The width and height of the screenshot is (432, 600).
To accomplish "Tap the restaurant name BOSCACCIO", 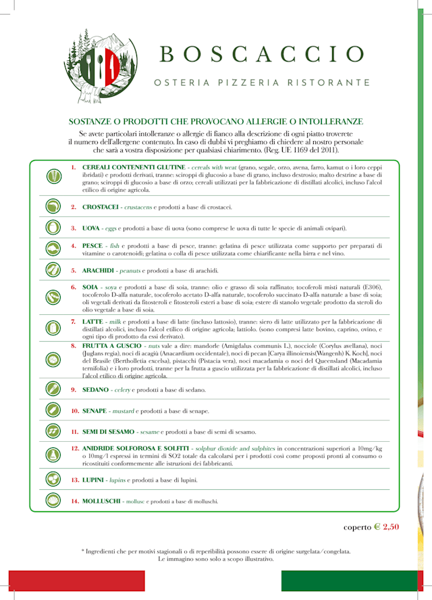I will [263, 54].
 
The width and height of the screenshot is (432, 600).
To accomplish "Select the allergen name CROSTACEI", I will [101, 207].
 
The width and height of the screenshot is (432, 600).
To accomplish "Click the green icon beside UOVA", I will [52, 228].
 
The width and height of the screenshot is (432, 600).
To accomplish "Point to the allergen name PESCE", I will [92, 246].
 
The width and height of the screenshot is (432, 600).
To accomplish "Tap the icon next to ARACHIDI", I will [52, 270].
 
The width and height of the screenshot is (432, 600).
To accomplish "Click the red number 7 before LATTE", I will [74, 322].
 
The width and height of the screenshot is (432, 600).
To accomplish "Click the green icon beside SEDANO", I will [52, 389].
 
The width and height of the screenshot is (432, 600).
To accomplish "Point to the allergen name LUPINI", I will [93, 480].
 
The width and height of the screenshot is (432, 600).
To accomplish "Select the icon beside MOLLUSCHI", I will [52, 501].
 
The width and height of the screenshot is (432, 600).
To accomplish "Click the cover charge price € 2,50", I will [386, 527].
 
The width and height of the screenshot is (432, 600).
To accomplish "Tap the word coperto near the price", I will [357, 527].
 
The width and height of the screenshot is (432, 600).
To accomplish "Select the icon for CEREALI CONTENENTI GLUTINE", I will [52, 176].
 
